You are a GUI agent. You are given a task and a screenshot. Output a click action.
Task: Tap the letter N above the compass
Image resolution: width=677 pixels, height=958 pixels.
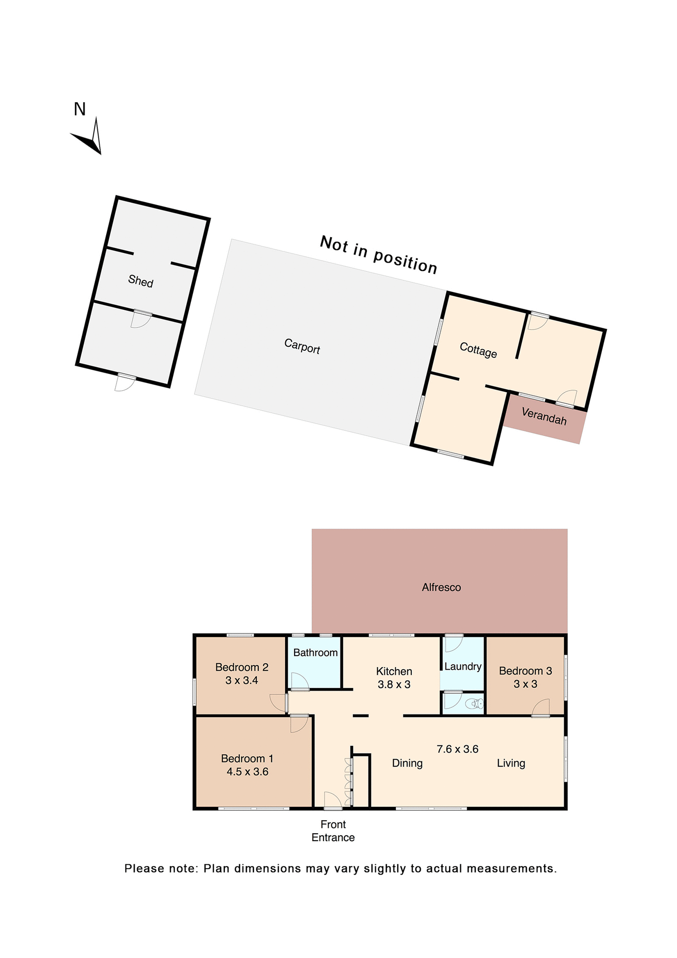[80, 109]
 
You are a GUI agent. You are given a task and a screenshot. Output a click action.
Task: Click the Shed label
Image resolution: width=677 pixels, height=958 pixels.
[141, 281]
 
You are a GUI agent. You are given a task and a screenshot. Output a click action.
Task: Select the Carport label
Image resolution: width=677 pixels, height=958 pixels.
[302, 346]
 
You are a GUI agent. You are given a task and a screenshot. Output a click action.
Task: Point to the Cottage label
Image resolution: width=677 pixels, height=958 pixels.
[478, 350]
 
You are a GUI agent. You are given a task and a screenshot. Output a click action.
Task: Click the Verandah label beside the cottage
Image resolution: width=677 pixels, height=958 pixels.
[544, 416]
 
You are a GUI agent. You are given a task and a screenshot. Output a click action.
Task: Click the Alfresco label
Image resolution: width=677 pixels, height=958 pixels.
[441, 587]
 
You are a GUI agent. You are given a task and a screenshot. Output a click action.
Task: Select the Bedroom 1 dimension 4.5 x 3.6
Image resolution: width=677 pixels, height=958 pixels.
[247, 772]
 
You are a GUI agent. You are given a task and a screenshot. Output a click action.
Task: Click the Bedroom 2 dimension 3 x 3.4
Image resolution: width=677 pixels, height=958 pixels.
[242, 681]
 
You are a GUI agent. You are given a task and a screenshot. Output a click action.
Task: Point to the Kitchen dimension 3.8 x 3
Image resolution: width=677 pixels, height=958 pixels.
[394, 685]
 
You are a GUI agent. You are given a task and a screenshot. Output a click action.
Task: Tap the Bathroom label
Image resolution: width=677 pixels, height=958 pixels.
[315, 653]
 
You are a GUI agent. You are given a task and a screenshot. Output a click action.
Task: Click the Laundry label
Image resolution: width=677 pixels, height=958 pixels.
[463, 667]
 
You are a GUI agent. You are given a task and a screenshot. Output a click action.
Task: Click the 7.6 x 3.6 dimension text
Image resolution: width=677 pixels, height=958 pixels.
[457, 749]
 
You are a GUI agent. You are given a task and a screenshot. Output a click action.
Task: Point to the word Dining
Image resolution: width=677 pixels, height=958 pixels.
[407, 763]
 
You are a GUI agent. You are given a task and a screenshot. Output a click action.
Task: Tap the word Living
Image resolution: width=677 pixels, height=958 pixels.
[511, 763]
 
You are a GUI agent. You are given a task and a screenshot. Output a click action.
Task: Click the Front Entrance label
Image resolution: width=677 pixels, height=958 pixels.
[333, 831]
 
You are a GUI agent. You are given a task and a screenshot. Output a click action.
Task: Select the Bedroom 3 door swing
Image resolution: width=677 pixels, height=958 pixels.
[541, 708]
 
